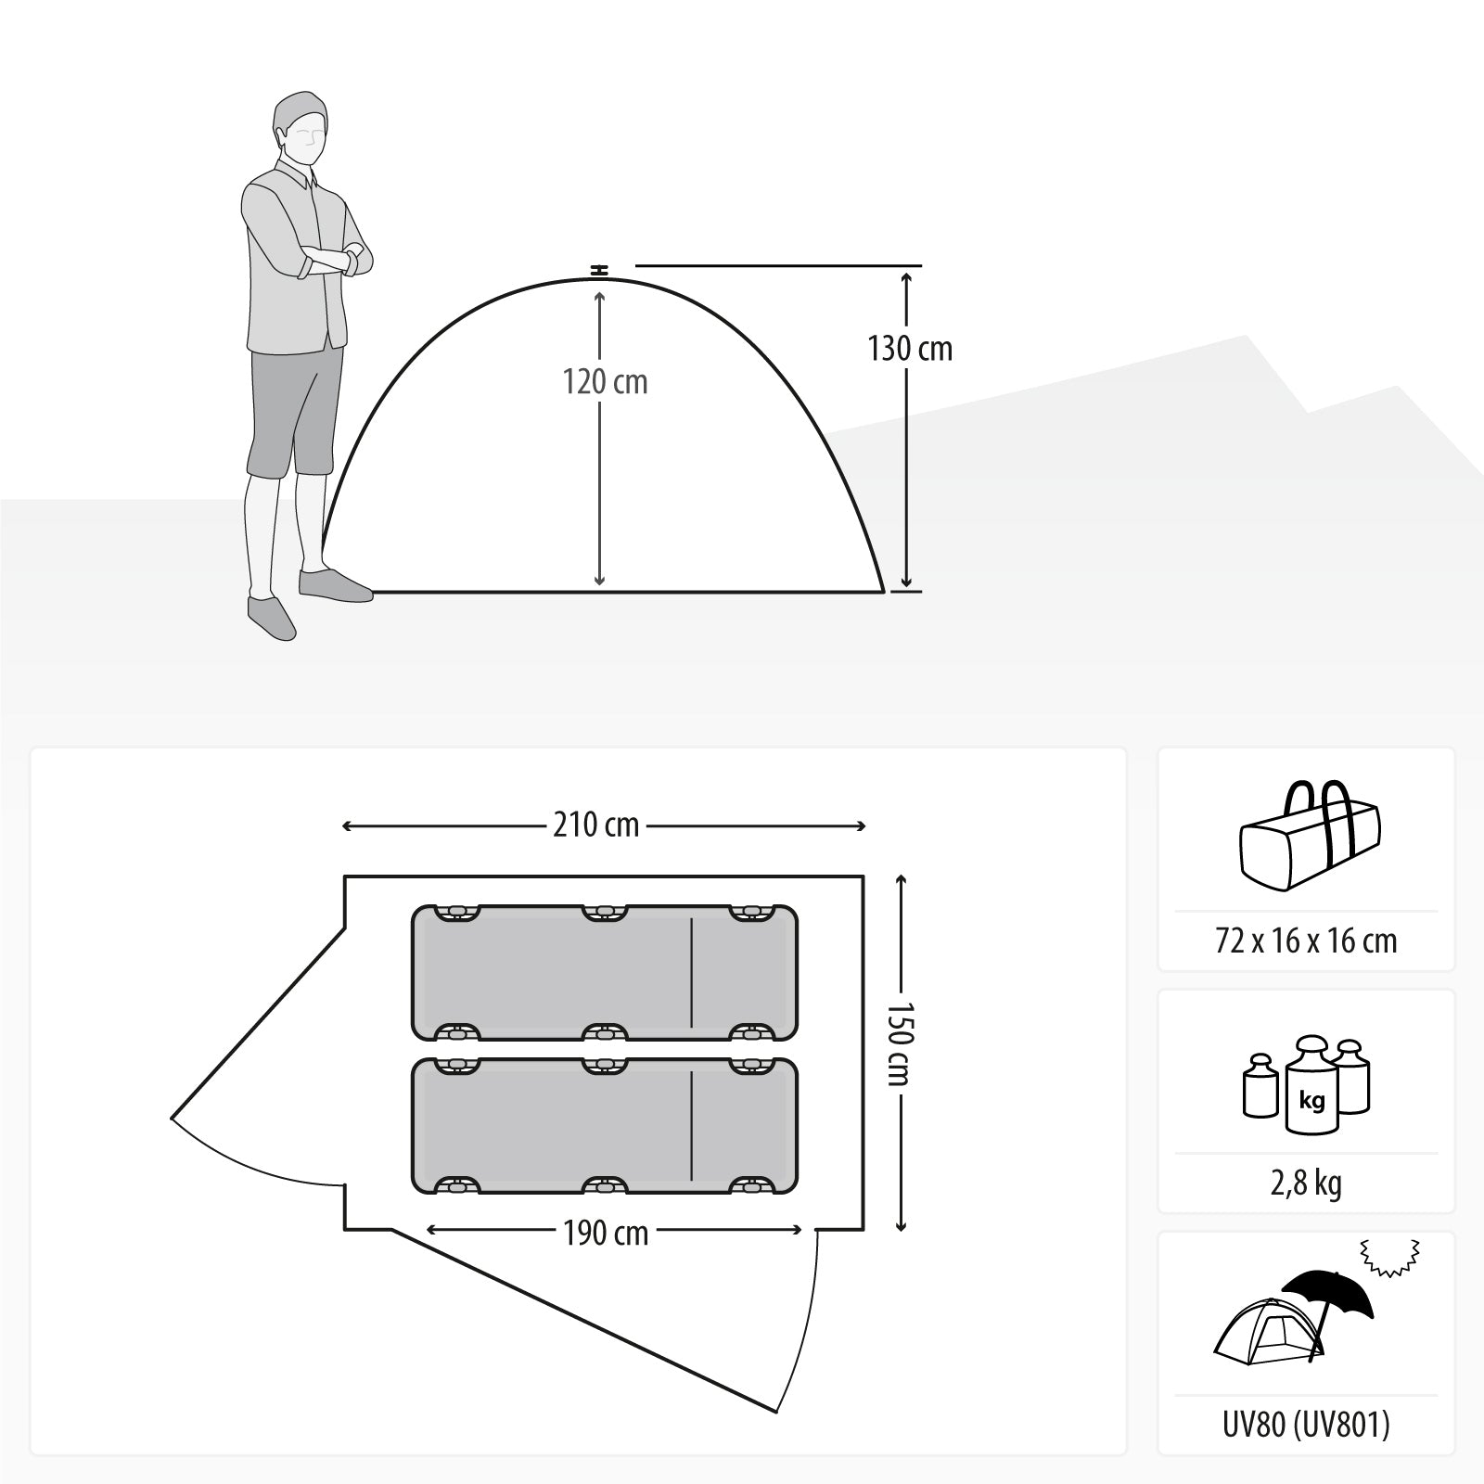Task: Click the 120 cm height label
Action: pyautogui.click(x=605, y=382)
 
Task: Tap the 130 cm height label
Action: pyautogui.click(x=910, y=349)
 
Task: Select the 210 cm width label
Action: pyautogui.click(x=596, y=825)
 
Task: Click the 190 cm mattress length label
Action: pyautogui.click(x=606, y=1233)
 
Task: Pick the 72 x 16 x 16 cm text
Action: pyautogui.click(x=1306, y=941)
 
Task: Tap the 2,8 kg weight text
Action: pyautogui.click(x=1306, y=1183)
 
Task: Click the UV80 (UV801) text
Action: pyautogui.click(x=1306, y=1426)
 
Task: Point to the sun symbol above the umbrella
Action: pyautogui.click(x=1389, y=1257)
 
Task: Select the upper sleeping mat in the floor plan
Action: pyautogui.click(x=604, y=972)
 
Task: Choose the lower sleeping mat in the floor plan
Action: pyautogui.click(x=604, y=1125)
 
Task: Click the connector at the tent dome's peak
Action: pyautogui.click(x=600, y=270)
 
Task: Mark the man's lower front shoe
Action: pyautogui.click(x=272, y=617)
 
